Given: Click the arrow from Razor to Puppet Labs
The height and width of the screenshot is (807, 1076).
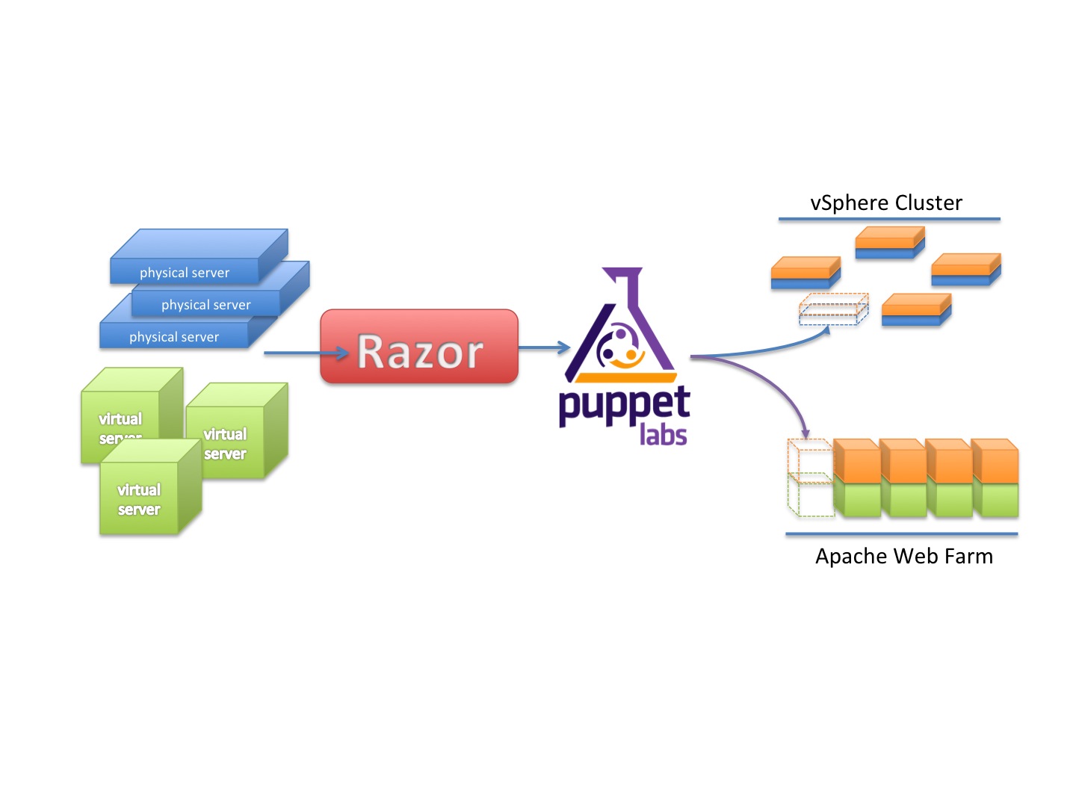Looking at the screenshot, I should [544, 347].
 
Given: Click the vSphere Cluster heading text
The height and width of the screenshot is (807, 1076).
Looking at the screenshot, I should [886, 203].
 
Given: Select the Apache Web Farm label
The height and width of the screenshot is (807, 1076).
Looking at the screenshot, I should [903, 557].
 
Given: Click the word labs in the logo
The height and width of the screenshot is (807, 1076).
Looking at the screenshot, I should [663, 434].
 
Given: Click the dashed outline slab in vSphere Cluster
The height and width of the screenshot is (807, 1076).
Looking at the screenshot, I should [833, 309].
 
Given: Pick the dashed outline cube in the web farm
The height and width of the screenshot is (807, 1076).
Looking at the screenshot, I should [810, 478].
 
